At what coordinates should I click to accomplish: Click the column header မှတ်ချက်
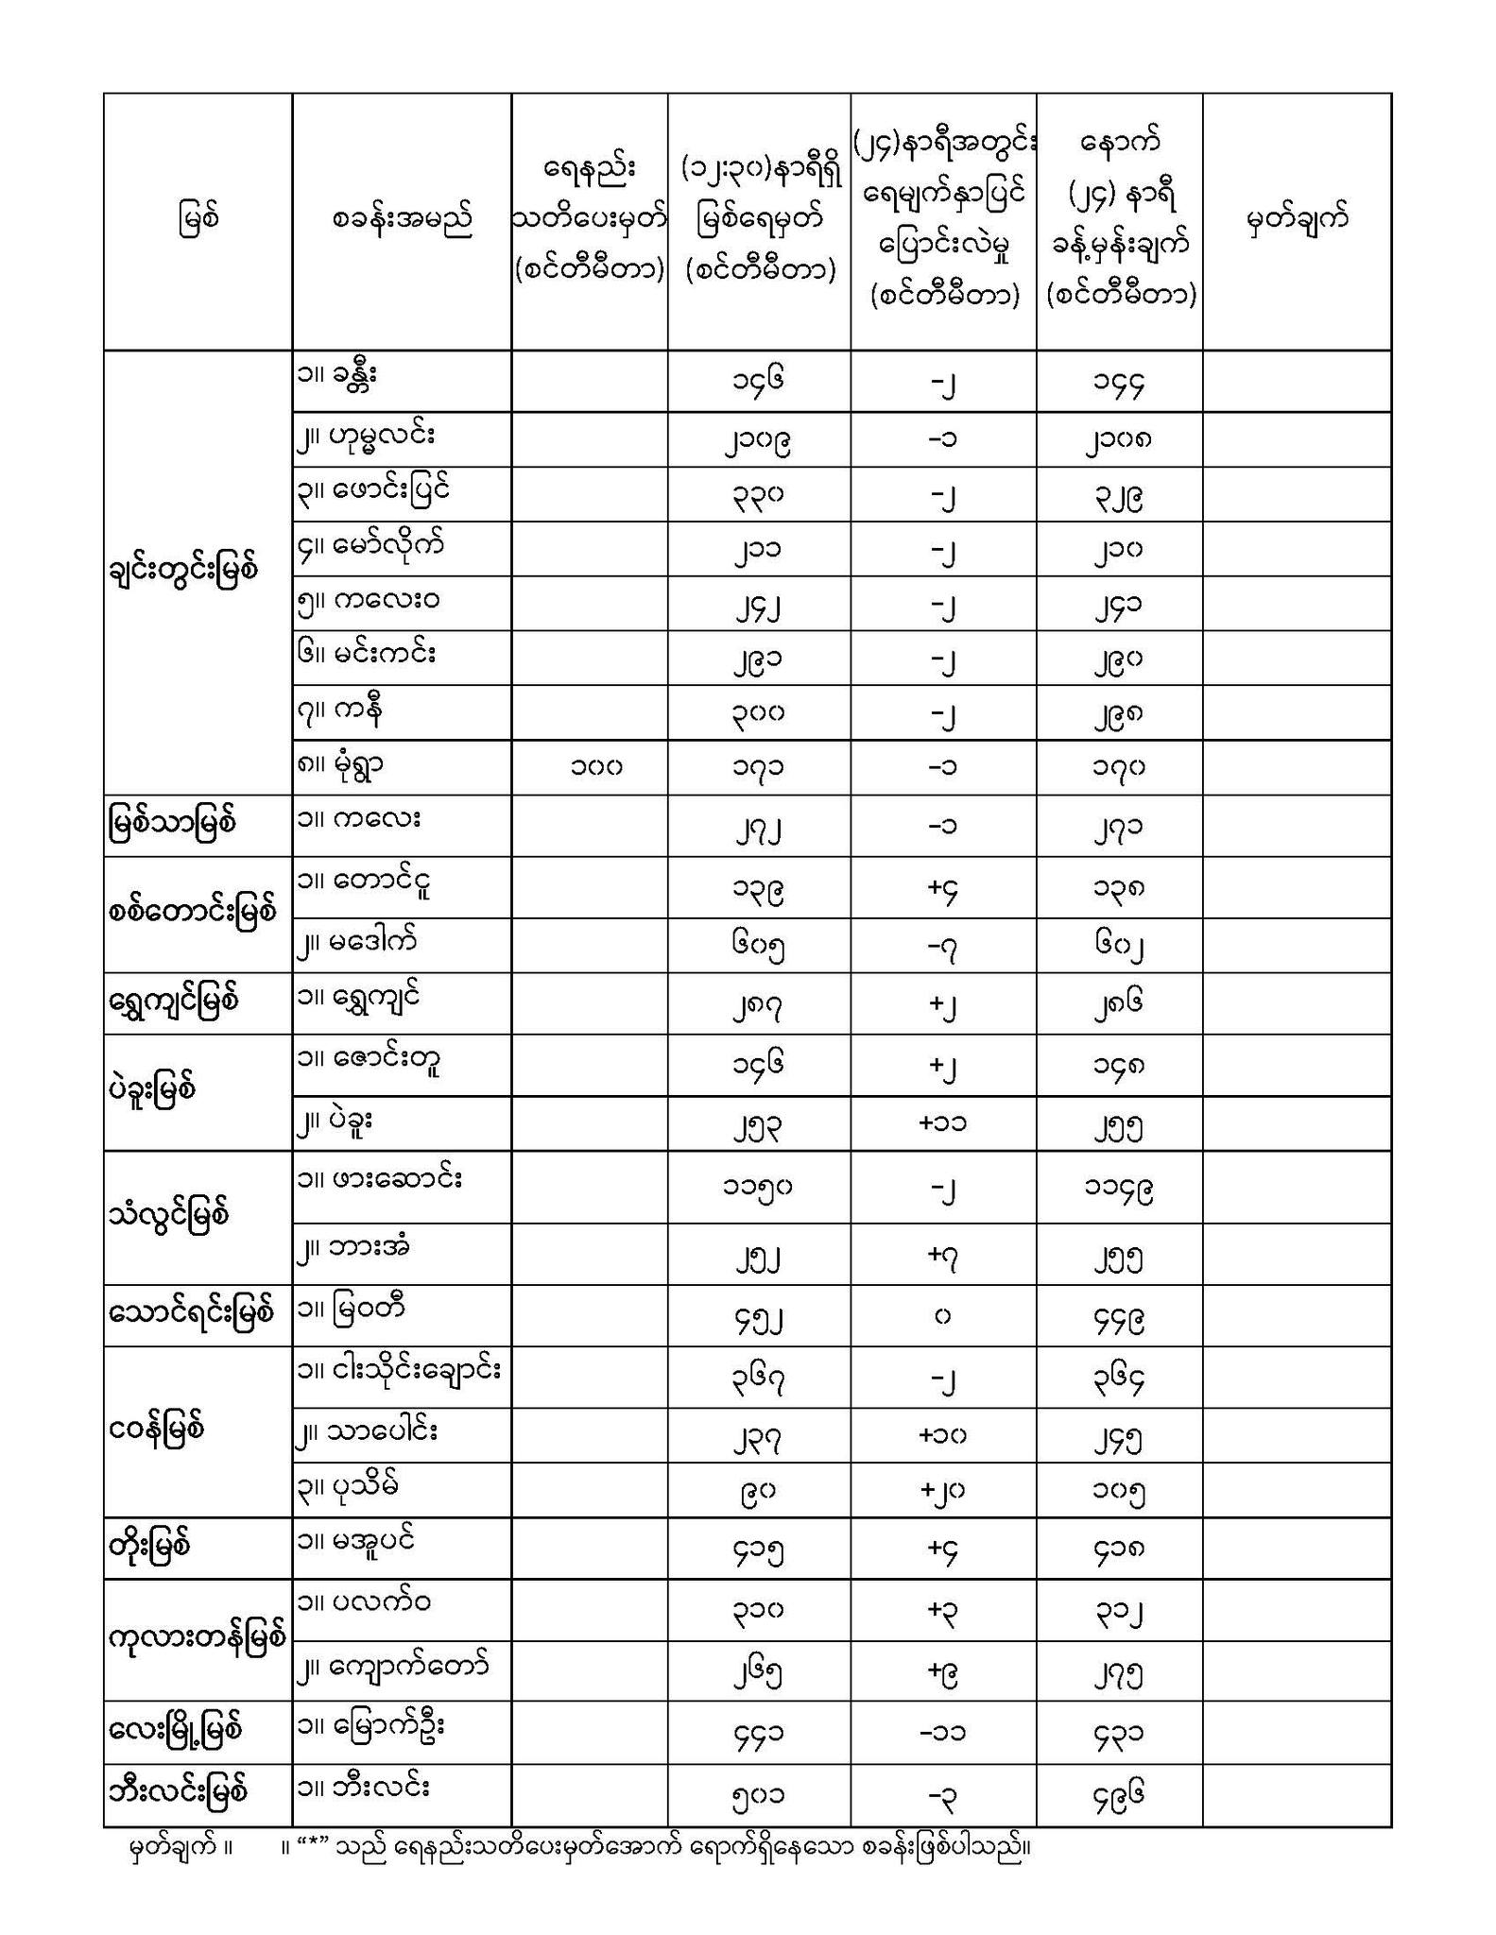[x=1296, y=220]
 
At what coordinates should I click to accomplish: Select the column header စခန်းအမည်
[x=402, y=220]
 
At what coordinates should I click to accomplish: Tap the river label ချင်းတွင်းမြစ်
[x=182, y=571]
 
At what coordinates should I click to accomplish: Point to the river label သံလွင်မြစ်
[x=169, y=1215]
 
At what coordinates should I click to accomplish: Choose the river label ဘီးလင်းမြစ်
[x=178, y=1790]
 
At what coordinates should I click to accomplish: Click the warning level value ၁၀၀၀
[x=596, y=767]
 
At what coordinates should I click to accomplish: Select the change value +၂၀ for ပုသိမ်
[x=942, y=1490]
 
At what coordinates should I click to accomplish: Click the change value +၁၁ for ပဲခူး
[x=942, y=1123]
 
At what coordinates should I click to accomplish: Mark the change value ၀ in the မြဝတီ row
[x=942, y=1315]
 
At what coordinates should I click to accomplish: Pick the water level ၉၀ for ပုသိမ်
[x=758, y=1490]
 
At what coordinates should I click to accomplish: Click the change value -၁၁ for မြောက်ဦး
[x=942, y=1733]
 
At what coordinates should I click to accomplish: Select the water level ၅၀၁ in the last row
[x=758, y=1794]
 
